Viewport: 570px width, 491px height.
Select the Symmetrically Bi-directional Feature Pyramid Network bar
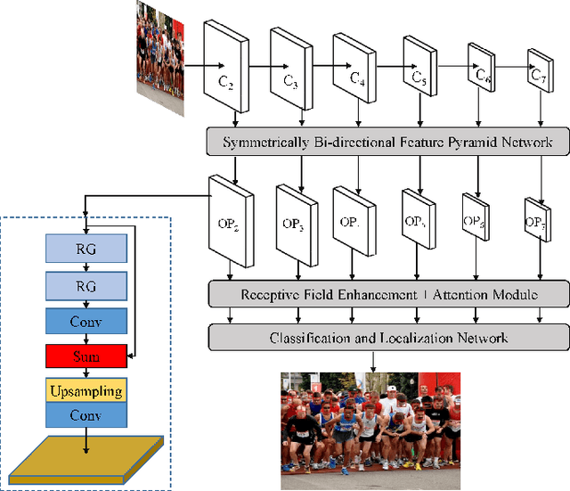(x=387, y=143)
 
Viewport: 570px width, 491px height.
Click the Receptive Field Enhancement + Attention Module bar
(x=387, y=293)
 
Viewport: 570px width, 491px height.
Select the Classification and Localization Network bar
(x=387, y=337)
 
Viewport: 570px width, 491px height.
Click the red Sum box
(x=86, y=356)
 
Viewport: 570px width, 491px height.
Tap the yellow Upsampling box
(x=86, y=391)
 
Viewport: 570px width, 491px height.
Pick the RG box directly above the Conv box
(x=86, y=287)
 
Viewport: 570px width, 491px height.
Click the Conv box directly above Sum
(x=86, y=321)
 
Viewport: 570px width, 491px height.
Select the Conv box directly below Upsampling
(x=86, y=416)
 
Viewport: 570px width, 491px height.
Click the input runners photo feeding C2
(x=159, y=49)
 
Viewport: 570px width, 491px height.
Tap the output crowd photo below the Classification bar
(x=371, y=420)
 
